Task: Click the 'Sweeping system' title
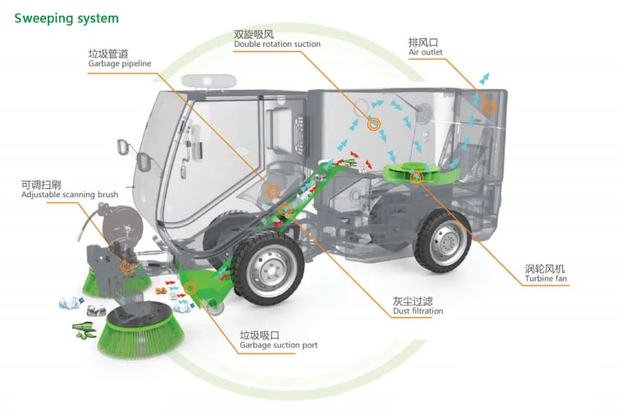[66, 18]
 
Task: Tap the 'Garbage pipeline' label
[119, 59]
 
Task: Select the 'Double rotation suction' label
[277, 39]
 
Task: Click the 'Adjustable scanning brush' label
[69, 190]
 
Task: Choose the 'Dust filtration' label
[417, 306]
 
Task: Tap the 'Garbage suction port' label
[278, 341]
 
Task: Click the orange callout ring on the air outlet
[489, 107]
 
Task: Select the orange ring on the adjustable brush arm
[127, 266]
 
